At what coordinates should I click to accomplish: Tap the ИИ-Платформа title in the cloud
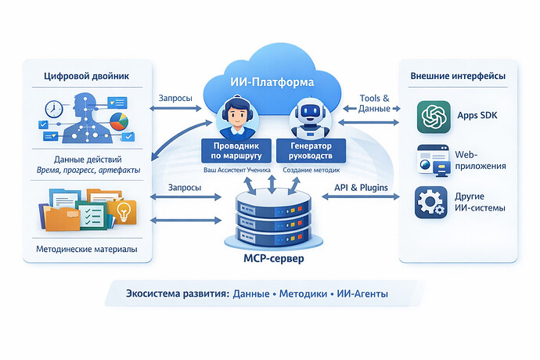(272, 81)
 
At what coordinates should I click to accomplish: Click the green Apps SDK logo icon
(434, 117)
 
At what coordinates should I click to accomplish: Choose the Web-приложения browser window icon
(433, 160)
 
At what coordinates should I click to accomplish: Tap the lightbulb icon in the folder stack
(124, 211)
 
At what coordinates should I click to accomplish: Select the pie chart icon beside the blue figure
(120, 123)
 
